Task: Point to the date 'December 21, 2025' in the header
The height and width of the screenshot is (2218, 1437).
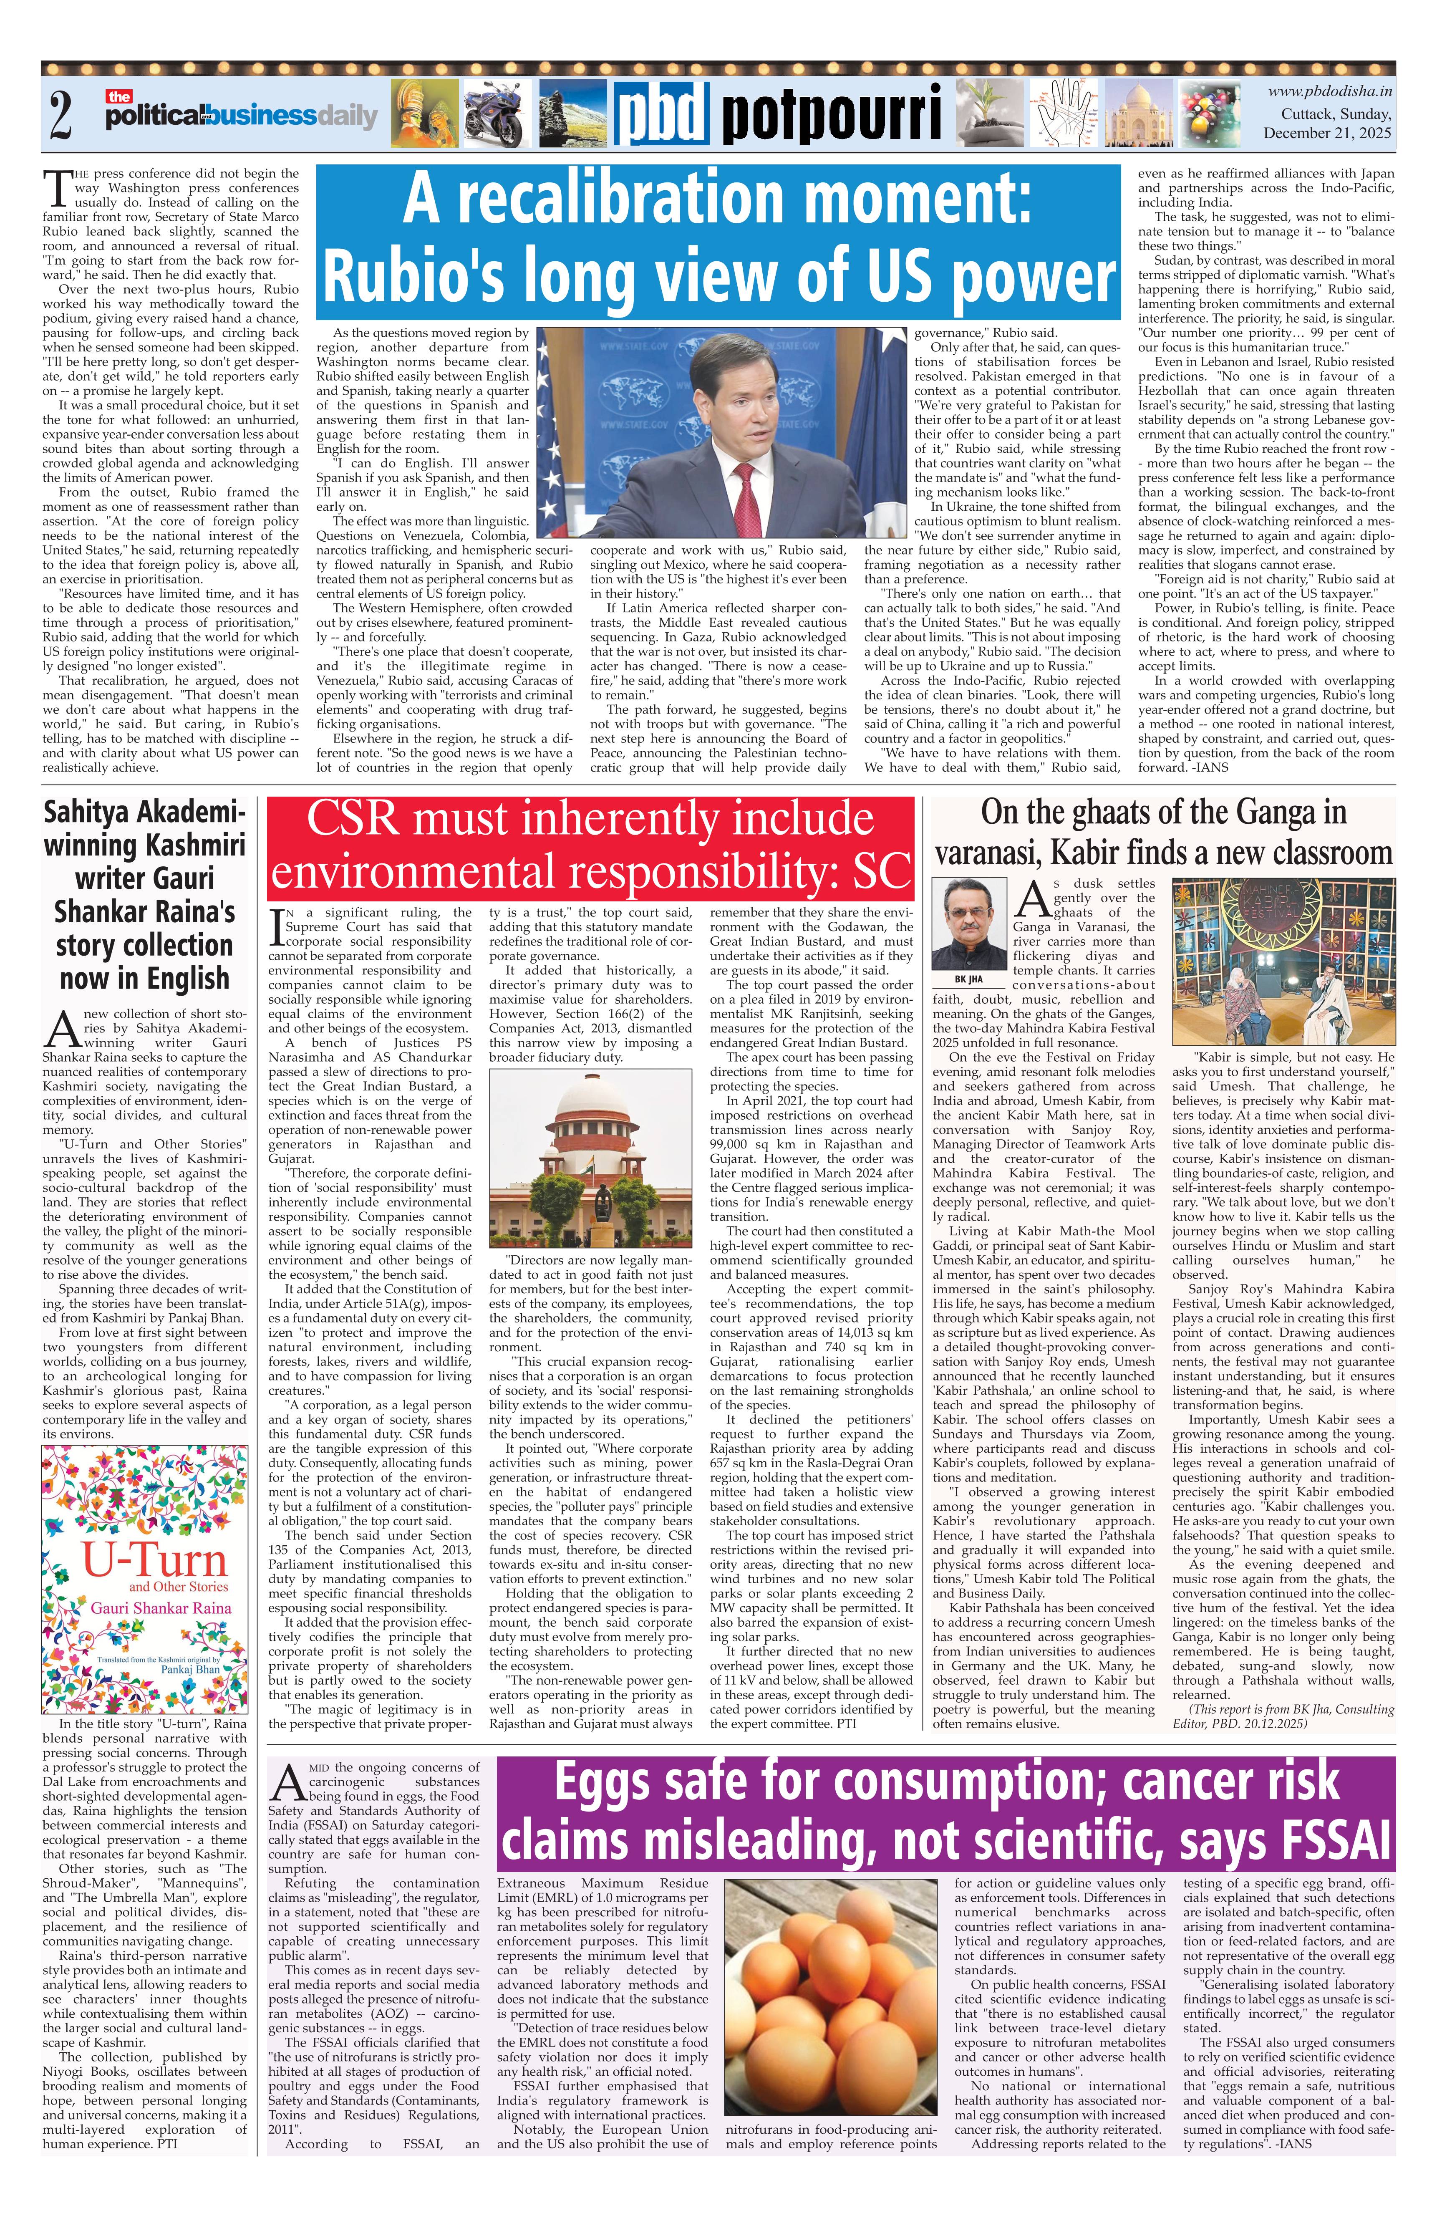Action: (1327, 133)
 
